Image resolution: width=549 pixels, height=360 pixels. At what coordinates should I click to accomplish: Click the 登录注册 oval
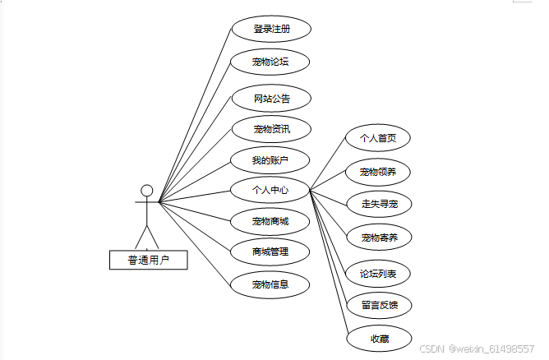click(270, 29)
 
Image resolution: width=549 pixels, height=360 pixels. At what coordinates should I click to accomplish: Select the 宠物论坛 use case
click(270, 61)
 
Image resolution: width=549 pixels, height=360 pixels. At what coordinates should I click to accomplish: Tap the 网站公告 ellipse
click(270, 99)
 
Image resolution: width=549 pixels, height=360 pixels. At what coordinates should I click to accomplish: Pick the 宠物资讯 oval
click(270, 129)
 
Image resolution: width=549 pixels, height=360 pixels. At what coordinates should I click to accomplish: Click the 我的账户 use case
click(270, 159)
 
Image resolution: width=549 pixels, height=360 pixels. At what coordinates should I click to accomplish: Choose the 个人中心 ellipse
click(270, 190)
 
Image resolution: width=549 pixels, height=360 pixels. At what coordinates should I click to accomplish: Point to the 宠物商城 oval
click(270, 220)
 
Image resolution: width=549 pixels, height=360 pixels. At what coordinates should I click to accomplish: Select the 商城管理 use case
click(270, 251)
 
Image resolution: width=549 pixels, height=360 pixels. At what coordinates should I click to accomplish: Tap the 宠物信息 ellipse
click(270, 284)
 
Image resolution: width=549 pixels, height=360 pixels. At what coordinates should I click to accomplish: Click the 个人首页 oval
click(378, 138)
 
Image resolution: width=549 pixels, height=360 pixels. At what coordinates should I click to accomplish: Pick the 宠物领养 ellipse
click(378, 172)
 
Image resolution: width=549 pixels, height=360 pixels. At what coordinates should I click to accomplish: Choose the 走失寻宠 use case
click(378, 203)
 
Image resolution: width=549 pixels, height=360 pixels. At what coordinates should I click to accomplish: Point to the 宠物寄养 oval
click(378, 238)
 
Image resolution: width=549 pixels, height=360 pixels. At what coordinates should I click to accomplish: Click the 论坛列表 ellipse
click(378, 272)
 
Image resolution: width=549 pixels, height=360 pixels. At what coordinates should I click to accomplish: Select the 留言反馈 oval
click(378, 305)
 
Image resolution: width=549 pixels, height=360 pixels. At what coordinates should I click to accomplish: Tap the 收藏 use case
click(378, 338)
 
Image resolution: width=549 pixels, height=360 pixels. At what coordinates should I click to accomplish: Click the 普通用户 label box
click(148, 260)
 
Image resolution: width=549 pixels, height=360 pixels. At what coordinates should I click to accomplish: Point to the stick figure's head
click(147, 192)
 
